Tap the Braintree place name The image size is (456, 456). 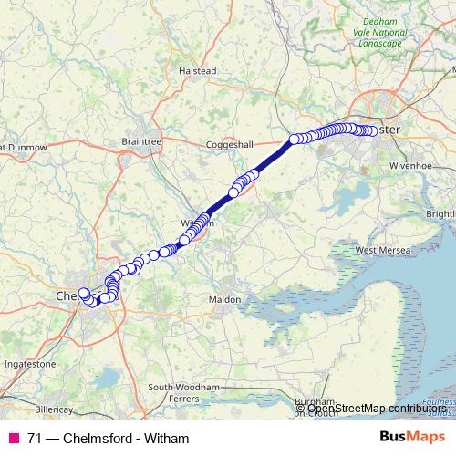[140, 141]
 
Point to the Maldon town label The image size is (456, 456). [224, 299]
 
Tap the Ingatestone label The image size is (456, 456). [31, 363]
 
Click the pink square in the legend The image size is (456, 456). [14, 438]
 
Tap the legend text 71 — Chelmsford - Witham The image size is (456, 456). [108, 438]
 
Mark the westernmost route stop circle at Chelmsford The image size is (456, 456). [84, 293]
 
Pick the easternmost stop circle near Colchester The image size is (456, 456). [371, 131]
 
